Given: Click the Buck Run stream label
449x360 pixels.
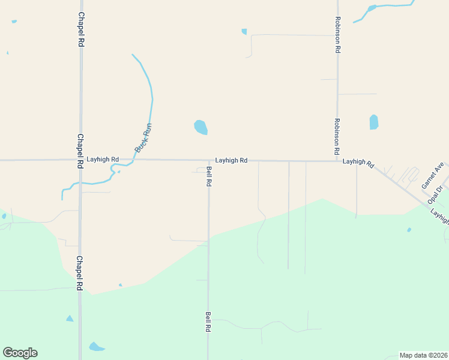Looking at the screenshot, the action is [x=143, y=137].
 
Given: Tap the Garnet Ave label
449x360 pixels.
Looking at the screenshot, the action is [x=432, y=175].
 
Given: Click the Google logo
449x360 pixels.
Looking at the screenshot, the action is [x=20, y=353].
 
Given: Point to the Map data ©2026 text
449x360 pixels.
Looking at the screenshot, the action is [x=423, y=355].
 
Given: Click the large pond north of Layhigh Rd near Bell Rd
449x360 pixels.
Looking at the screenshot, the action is [x=200, y=127].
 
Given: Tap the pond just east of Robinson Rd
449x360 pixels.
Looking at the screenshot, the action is [x=374, y=122].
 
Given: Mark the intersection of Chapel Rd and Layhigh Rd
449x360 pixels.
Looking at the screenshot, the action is [x=80, y=160].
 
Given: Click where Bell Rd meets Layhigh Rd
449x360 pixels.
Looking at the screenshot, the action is [x=209, y=160].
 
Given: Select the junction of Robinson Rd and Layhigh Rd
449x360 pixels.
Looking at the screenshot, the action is [x=337, y=161].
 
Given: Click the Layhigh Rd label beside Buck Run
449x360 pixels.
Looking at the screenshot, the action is [x=102, y=160].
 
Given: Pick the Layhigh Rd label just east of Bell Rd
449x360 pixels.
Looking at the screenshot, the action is [x=231, y=160].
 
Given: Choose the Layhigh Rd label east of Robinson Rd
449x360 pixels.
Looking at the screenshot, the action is [x=358, y=162].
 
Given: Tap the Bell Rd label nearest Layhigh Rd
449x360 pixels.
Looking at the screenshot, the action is [x=209, y=176].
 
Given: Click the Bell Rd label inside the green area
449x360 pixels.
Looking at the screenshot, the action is [x=208, y=322].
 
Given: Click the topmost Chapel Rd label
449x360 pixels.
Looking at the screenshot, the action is [x=80, y=29].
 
